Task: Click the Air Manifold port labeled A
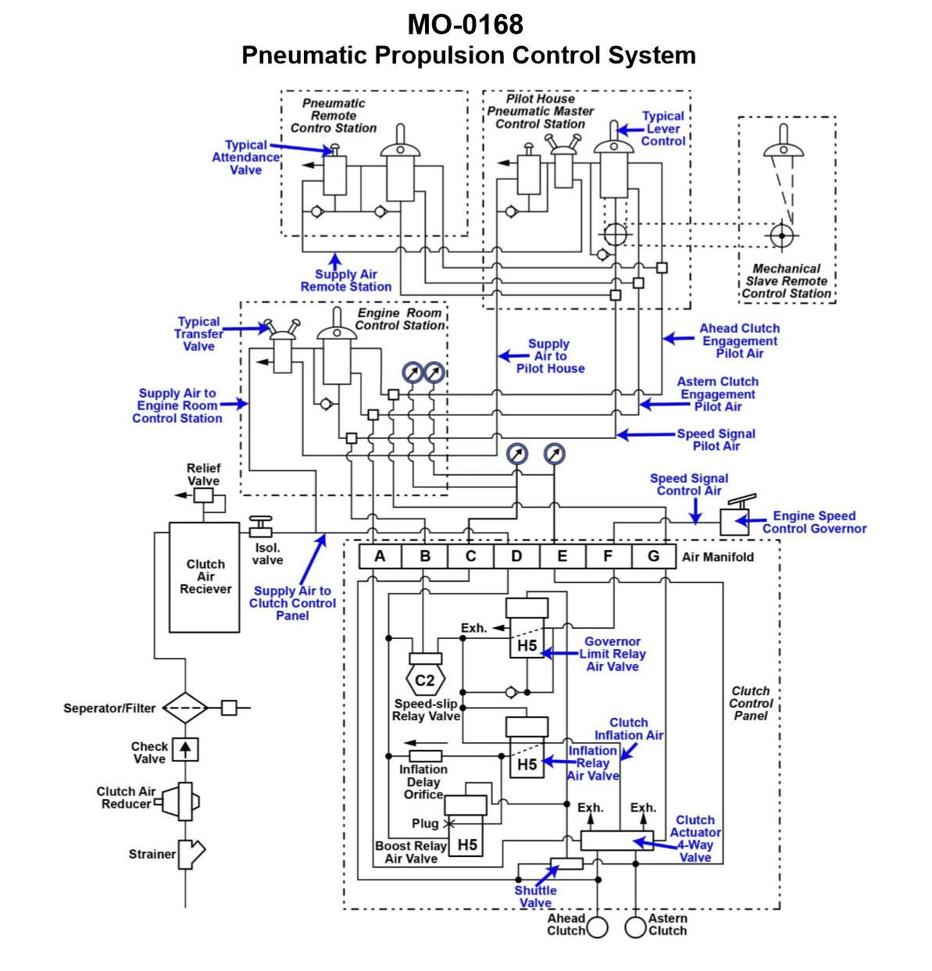click(x=380, y=556)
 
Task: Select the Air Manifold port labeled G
click(x=653, y=556)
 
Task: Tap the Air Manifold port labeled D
click(x=516, y=556)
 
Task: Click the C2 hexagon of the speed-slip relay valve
click(x=425, y=680)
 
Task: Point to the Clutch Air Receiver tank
click(x=205, y=577)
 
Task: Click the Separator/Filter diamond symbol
click(x=185, y=708)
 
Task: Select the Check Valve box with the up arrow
click(x=185, y=749)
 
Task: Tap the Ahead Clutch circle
click(x=598, y=927)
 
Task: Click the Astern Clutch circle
click(x=636, y=927)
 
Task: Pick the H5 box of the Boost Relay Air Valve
click(x=467, y=844)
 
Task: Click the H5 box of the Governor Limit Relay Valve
click(x=527, y=645)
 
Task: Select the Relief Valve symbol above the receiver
click(x=203, y=495)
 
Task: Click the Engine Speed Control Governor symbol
click(x=735, y=519)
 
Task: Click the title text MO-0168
click(x=466, y=25)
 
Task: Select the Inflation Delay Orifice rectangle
click(x=426, y=756)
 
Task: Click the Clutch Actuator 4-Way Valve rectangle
click(x=616, y=841)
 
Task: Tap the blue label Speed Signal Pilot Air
click(x=716, y=440)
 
